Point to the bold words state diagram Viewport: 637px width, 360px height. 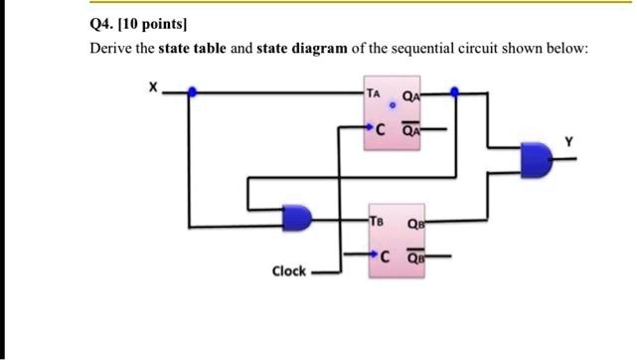tap(302, 48)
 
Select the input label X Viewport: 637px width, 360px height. tap(152, 88)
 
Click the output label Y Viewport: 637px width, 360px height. tap(568, 142)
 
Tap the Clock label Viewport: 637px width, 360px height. tap(289, 270)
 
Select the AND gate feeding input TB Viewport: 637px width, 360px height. tap(297, 216)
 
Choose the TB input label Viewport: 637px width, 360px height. tap(375, 222)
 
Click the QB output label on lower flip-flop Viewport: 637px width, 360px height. tap(414, 224)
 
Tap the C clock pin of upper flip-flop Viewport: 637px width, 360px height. tap(381, 127)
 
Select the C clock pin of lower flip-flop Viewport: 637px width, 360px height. tap(381, 256)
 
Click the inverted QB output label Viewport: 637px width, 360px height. tap(414, 255)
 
